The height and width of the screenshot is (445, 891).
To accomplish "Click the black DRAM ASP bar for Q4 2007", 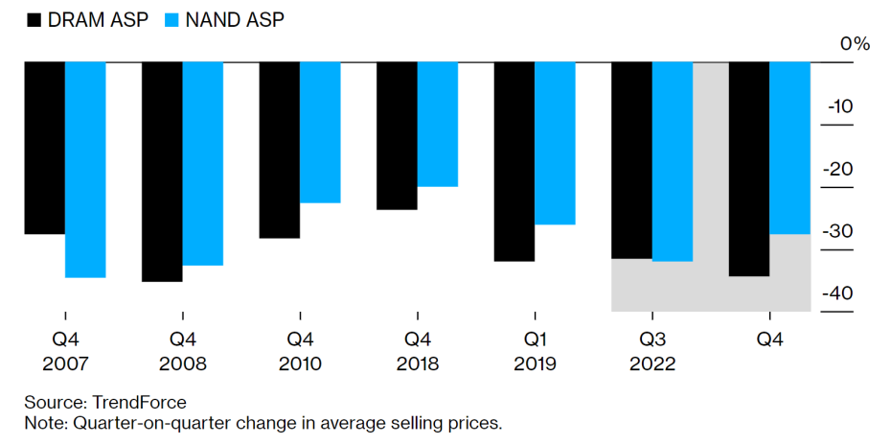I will point(44,148).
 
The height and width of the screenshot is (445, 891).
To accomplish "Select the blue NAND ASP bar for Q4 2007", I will point(85,170).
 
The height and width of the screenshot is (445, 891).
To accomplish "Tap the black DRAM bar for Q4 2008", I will point(162,172).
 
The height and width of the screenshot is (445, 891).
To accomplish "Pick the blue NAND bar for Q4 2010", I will point(320,132).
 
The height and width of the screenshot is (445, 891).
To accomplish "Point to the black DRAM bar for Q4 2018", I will point(397,136).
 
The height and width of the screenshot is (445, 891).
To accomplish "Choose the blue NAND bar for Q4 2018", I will point(438,125).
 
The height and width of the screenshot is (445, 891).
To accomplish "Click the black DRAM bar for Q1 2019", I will point(514,161).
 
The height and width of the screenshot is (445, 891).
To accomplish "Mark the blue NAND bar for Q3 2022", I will point(672,161).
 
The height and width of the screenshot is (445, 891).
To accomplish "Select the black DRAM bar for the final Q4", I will point(749,169).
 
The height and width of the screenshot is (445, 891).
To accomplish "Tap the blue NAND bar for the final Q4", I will point(790,148).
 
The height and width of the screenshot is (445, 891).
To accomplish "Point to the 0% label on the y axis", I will point(855,44).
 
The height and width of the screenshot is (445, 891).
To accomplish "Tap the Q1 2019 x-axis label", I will point(535,351).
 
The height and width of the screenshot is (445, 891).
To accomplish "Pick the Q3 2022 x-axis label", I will point(651,351).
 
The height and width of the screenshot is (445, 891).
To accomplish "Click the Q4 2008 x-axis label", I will point(182,351).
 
